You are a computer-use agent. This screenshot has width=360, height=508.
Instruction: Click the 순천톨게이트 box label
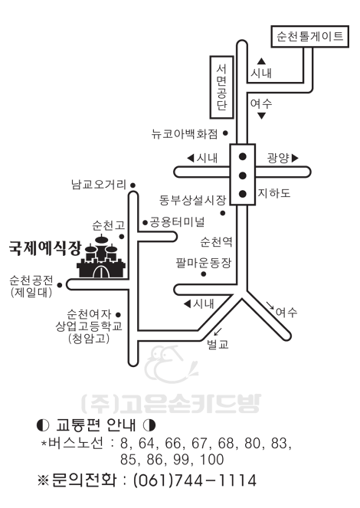(x=309, y=36)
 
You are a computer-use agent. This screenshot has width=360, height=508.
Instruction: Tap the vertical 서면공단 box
(x=222, y=87)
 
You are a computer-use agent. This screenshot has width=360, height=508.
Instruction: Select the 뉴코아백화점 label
(x=185, y=133)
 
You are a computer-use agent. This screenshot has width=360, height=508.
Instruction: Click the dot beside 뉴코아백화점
(x=226, y=133)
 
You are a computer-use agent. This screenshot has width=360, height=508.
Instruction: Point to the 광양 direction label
(x=278, y=158)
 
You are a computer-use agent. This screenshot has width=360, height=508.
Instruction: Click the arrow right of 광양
(x=295, y=158)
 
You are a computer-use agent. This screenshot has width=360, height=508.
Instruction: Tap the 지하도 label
(x=274, y=193)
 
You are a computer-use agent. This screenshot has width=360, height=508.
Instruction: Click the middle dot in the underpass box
(x=243, y=175)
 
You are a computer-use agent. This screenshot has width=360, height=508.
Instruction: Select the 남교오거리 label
(x=99, y=185)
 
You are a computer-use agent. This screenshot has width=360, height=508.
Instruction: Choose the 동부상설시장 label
(x=192, y=200)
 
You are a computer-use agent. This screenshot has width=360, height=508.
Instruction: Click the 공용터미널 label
(x=178, y=222)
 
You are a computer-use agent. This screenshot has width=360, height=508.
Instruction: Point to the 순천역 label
(x=216, y=241)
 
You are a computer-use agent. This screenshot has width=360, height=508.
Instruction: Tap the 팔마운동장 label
(x=204, y=262)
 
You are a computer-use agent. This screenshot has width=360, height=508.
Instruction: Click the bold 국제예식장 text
(x=44, y=248)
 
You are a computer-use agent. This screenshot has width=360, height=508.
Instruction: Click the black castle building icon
(x=101, y=257)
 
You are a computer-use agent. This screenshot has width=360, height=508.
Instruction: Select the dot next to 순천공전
(x=60, y=285)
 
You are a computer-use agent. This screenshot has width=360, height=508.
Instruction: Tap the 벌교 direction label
(x=218, y=344)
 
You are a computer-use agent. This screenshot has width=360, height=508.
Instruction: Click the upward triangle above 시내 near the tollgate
(x=262, y=61)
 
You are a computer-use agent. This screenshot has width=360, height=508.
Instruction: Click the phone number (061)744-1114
(x=195, y=480)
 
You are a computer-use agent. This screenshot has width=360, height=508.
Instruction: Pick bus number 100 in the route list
(x=212, y=460)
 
